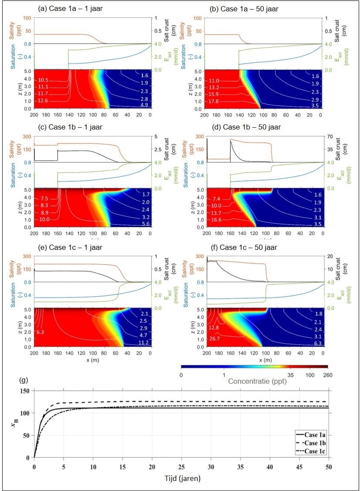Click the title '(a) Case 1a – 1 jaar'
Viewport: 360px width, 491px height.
(x=70, y=8)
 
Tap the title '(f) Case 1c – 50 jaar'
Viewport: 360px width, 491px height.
(x=244, y=247)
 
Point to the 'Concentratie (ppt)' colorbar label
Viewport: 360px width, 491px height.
(x=257, y=381)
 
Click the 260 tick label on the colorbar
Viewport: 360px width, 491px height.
(x=327, y=375)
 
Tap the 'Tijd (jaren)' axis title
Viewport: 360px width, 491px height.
(x=183, y=478)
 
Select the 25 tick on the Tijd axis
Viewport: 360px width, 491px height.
(x=181, y=467)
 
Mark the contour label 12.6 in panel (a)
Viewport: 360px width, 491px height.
(x=43, y=101)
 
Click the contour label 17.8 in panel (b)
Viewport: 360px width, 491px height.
(x=214, y=102)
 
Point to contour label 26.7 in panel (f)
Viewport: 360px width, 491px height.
(x=214, y=338)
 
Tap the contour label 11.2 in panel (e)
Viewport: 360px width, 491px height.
(x=143, y=343)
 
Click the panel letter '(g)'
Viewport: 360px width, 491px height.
(x=24, y=380)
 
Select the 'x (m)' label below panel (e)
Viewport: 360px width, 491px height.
(x=93, y=360)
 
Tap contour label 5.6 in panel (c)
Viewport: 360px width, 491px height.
(x=146, y=224)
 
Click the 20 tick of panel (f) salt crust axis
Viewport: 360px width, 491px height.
(x=330, y=256)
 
